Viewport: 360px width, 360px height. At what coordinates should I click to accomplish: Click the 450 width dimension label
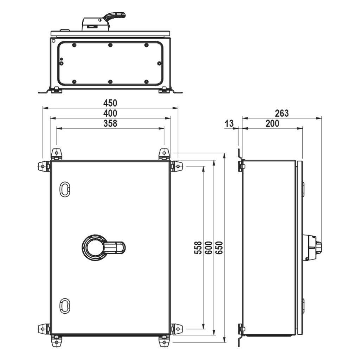[x=110, y=103]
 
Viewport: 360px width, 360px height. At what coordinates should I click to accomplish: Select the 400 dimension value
[x=110, y=113]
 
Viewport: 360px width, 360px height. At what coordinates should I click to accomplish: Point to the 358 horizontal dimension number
[x=110, y=123]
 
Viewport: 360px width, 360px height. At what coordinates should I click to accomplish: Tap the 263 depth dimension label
[x=282, y=113]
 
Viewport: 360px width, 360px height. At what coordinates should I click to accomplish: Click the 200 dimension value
[x=272, y=123]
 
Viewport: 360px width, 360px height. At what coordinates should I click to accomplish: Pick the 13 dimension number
[x=229, y=123]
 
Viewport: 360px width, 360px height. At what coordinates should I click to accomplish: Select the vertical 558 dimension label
[x=198, y=247]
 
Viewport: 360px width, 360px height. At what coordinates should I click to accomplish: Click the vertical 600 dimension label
[x=208, y=247]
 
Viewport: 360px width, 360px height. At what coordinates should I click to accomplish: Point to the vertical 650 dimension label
[x=219, y=247]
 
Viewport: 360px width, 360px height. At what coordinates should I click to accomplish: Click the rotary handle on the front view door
[x=103, y=247]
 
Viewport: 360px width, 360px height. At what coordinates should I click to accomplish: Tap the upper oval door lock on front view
[x=65, y=189]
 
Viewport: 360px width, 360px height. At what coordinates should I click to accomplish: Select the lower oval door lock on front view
[x=65, y=306]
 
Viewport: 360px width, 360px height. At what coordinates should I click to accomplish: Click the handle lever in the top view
[x=114, y=17]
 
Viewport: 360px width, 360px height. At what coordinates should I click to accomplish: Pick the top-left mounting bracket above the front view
[x=57, y=154]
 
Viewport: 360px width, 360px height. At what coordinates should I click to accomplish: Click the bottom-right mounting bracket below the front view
[x=164, y=341]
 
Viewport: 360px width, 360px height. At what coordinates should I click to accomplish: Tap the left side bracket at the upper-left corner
[x=44, y=166]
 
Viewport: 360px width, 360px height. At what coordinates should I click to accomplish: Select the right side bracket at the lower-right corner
[x=176, y=329]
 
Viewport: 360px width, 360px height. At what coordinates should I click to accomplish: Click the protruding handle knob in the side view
[x=312, y=247]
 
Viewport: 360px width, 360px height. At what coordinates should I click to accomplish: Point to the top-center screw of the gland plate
[x=110, y=45]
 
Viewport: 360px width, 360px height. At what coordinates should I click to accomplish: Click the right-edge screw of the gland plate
[x=159, y=63]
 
